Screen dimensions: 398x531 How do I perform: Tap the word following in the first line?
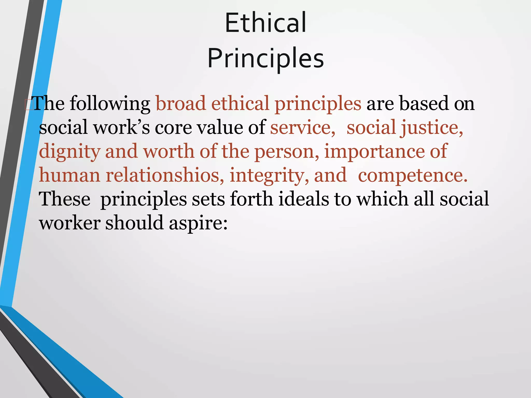110,104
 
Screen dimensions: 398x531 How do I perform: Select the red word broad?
181,104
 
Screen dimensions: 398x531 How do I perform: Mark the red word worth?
169,151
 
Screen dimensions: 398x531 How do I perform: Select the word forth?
251,199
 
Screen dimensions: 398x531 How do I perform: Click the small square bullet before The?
28,105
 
